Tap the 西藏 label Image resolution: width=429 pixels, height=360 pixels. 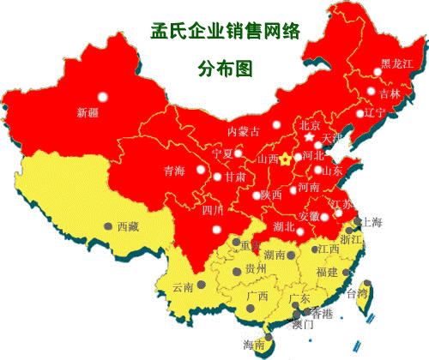(128, 226)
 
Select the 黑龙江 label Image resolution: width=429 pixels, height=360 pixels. (396, 64)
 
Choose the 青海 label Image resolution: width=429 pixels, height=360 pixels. (174, 171)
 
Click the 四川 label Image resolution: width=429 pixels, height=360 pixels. (213, 209)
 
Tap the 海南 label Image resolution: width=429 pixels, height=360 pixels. (254, 345)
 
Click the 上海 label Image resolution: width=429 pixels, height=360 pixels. (373, 222)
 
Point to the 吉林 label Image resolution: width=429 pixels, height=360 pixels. (389, 93)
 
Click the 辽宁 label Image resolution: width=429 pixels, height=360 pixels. (375, 112)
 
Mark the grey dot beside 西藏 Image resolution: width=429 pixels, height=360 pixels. (108, 226)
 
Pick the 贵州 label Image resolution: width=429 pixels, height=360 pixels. (257, 269)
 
